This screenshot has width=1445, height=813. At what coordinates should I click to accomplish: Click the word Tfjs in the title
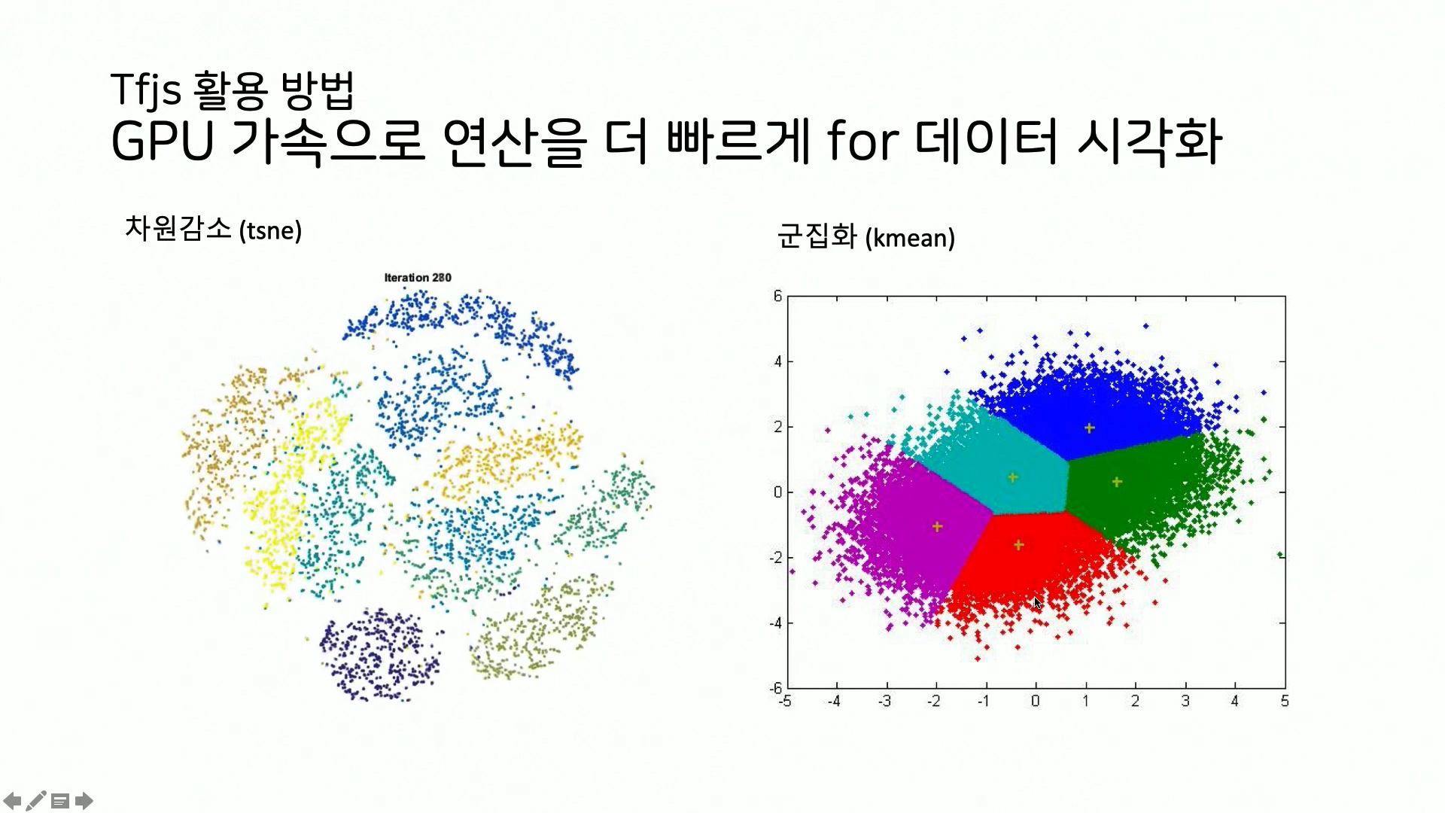[145, 90]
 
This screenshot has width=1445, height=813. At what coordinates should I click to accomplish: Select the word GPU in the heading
[163, 142]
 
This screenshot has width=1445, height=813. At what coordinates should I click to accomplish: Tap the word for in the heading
[862, 142]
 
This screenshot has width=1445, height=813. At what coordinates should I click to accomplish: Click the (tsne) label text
[270, 230]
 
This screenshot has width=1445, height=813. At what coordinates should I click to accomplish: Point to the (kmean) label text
[910, 239]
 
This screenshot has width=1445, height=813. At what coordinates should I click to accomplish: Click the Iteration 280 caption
[418, 278]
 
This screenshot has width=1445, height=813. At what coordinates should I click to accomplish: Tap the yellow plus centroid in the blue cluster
[1089, 428]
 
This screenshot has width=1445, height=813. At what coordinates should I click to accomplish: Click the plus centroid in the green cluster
[1117, 482]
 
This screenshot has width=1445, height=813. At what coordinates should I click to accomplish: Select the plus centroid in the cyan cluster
[1013, 477]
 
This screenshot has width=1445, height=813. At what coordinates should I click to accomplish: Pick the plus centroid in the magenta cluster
[937, 527]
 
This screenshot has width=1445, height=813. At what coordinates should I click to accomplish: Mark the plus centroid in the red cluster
[1018, 545]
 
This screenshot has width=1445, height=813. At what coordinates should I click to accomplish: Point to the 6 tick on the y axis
[777, 296]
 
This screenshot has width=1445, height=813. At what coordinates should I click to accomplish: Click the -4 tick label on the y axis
[776, 623]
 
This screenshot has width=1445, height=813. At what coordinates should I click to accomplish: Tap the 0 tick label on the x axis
[1036, 702]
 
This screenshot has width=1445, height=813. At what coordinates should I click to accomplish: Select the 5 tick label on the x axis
[1285, 702]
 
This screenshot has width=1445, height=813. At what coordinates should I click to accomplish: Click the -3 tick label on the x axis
[884, 702]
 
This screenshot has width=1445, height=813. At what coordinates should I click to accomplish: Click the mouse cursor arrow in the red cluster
[1037, 602]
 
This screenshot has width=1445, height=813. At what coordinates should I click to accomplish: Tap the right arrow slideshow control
[84, 801]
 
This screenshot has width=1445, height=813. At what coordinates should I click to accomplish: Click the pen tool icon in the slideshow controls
[35, 801]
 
